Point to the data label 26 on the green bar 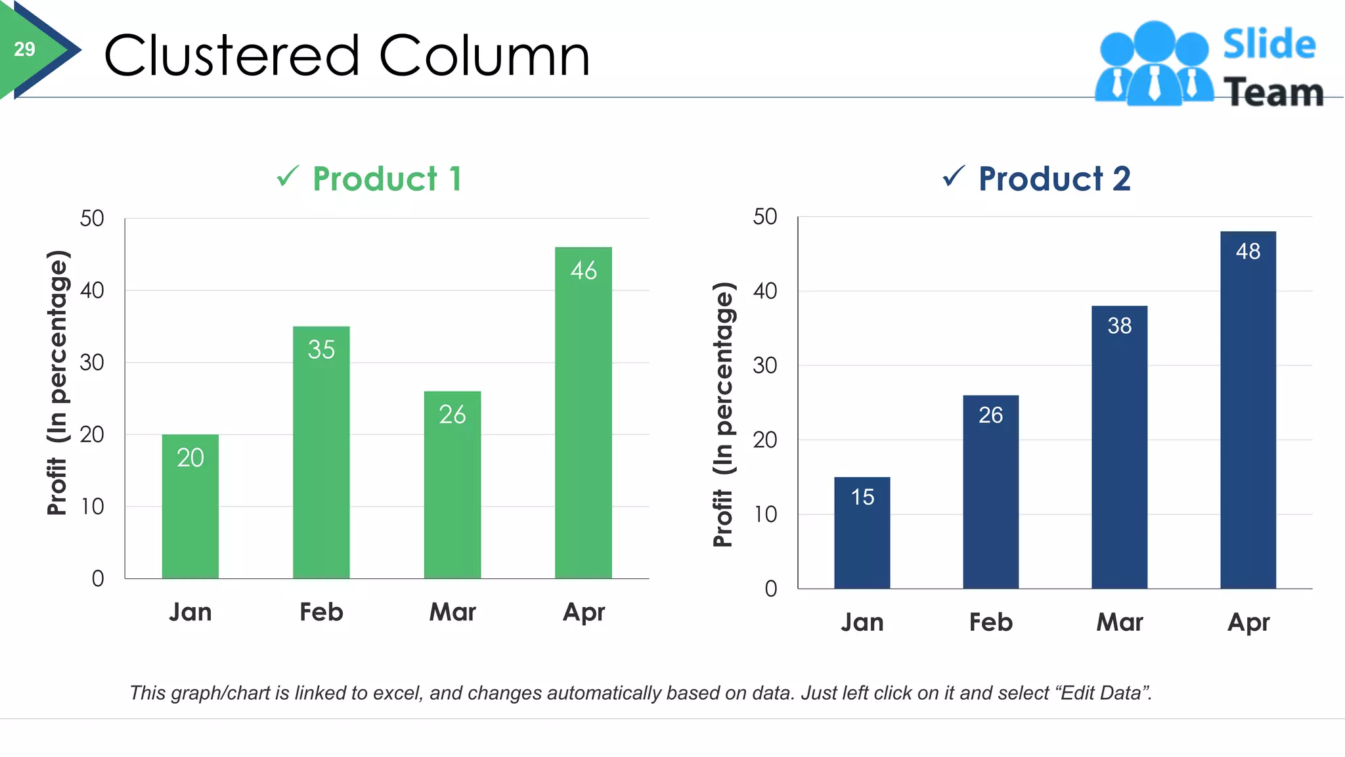click(452, 415)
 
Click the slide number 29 click(24, 49)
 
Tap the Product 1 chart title click(387, 179)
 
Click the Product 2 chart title click(1054, 179)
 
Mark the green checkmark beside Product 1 click(288, 176)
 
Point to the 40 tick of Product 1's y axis click(92, 290)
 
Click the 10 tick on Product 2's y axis click(765, 515)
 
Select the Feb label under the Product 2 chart click(990, 622)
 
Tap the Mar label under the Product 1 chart click(452, 612)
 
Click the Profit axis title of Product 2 click(723, 414)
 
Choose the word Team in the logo click(1273, 92)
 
